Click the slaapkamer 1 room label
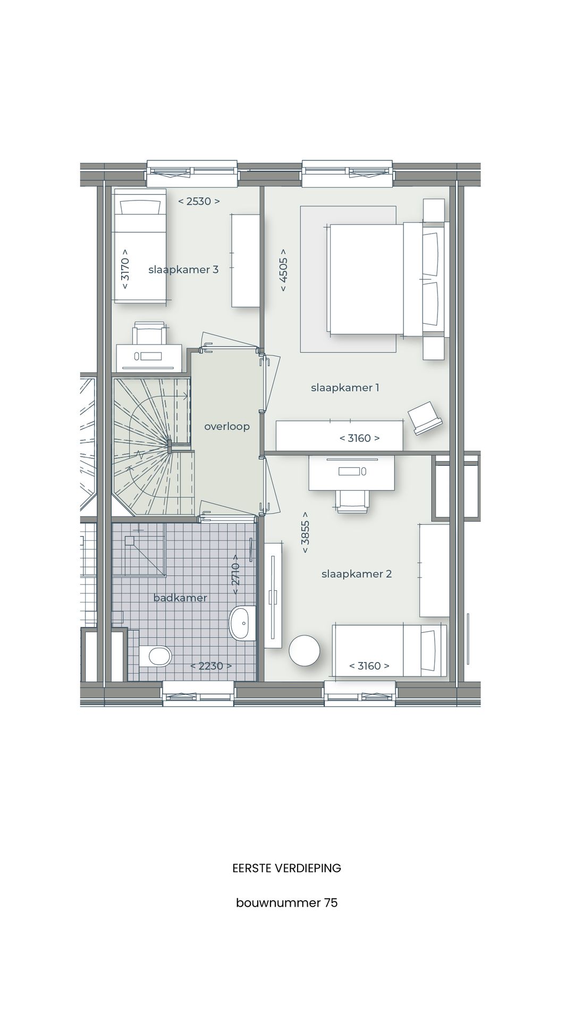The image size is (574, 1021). (x=345, y=388)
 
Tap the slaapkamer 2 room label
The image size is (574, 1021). (x=356, y=574)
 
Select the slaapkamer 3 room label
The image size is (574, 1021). (x=183, y=270)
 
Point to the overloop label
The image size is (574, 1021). (x=227, y=426)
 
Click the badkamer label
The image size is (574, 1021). (x=180, y=598)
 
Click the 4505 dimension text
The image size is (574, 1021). (x=283, y=270)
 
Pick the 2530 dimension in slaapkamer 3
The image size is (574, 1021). (x=199, y=202)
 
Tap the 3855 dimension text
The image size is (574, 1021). (x=305, y=532)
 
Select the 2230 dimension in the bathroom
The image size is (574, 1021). (x=211, y=666)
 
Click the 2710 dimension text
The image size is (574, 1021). (x=236, y=574)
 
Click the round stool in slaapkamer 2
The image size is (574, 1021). (x=305, y=650)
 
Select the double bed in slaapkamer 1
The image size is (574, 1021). (x=367, y=279)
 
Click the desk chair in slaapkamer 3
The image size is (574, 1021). (x=149, y=333)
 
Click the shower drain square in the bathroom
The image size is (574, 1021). (x=130, y=541)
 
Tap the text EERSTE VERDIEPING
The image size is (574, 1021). (x=286, y=868)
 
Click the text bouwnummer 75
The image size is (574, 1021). (x=286, y=903)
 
